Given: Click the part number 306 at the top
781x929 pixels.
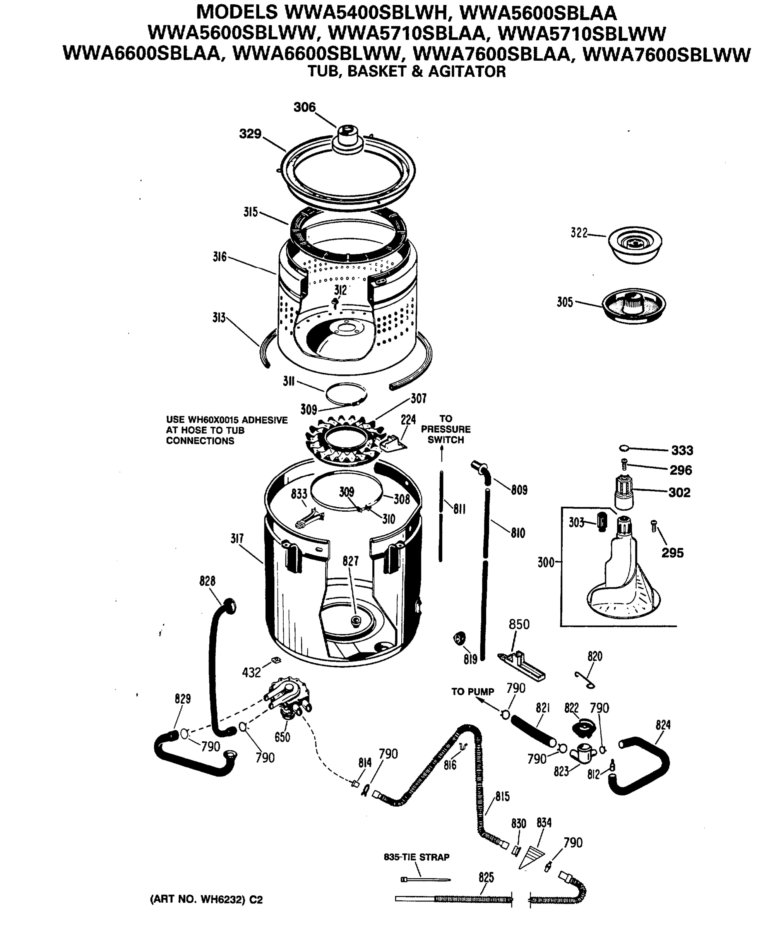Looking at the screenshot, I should click(305, 107).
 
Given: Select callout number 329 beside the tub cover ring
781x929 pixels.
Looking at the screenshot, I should click(250, 134).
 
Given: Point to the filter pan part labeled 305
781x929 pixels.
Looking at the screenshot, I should click(634, 305).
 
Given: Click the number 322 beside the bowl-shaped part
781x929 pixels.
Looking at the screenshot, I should click(579, 233).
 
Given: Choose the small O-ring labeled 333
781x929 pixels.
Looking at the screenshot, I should click(623, 448).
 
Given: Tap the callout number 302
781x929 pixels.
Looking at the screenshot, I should click(679, 492).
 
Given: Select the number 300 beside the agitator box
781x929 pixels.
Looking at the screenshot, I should click(546, 562).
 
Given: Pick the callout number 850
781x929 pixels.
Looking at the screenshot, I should click(519, 624).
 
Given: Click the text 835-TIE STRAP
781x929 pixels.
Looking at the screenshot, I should click(416, 857).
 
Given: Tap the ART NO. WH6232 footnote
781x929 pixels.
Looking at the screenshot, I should click(206, 900).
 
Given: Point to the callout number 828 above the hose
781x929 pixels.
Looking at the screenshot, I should click(207, 581).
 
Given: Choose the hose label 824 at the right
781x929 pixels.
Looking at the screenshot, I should click(663, 725).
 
